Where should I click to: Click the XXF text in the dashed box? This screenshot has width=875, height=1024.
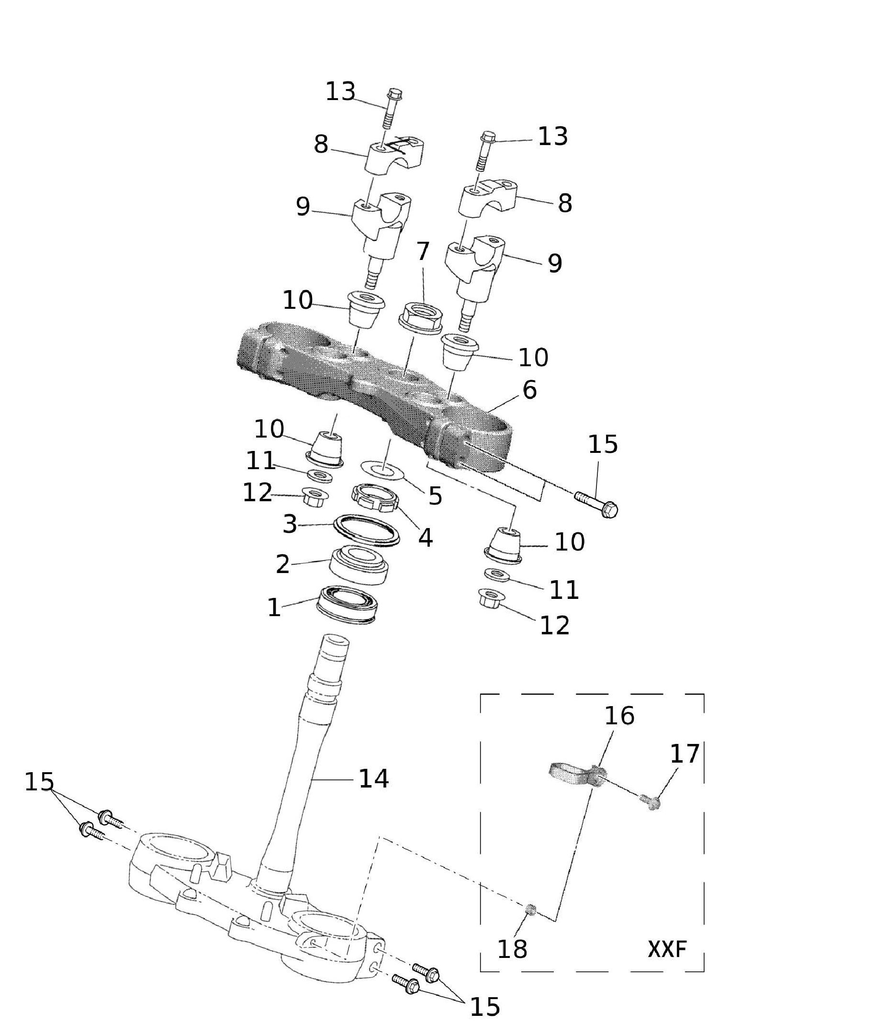(666, 949)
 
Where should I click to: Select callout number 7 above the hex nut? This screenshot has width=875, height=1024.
(423, 251)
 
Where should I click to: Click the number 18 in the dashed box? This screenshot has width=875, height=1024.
(512, 949)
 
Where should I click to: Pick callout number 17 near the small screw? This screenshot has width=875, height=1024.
(684, 754)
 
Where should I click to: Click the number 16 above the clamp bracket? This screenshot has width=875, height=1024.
(619, 716)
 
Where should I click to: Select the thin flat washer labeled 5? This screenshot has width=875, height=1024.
(382, 470)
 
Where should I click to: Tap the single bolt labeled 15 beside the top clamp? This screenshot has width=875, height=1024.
(597, 505)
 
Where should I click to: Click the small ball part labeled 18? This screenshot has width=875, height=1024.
(531, 909)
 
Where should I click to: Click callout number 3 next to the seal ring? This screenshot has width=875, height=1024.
(290, 524)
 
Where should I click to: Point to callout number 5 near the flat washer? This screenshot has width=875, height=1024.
(435, 495)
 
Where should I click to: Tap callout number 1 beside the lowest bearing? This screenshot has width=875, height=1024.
(274, 608)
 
